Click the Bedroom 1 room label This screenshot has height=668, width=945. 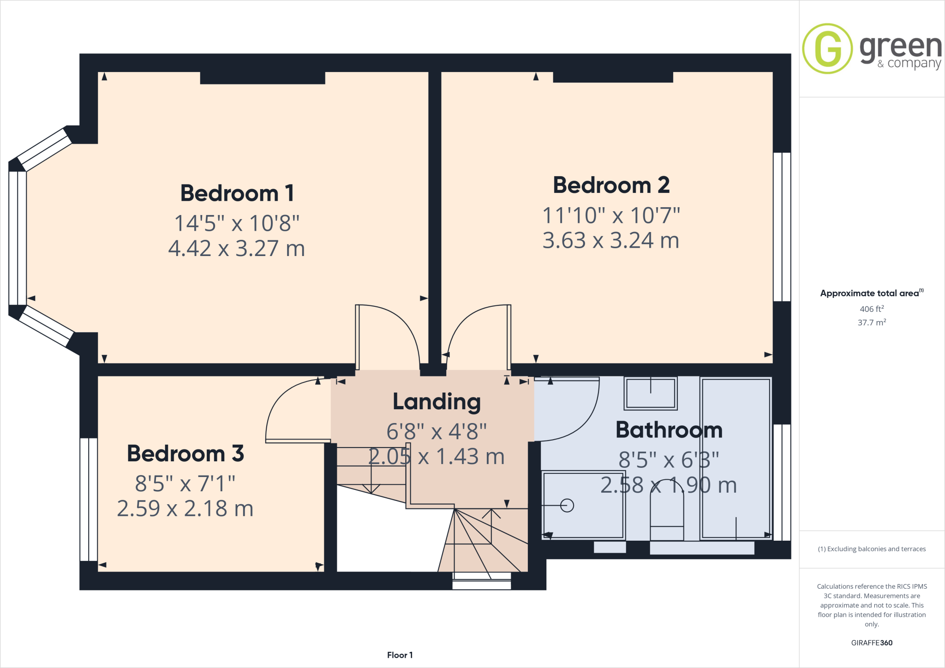pyautogui.click(x=237, y=193)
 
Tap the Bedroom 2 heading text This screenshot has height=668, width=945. pyautogui.click(x=611, y=185)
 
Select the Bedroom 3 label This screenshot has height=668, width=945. pyautogui.click(x=185, y=453)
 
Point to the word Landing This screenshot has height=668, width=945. pyautogui.click(x=437, y=402)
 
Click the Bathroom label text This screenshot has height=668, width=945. pyautogui.click(x=669, y=430)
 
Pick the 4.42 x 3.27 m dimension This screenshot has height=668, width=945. pyautogui.click(x=236, y=249)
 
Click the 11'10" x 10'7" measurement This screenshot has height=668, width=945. pyautogui.click(x=611, y=215)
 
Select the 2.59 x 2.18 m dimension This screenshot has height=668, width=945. pyautogui.click(x=185, y=509)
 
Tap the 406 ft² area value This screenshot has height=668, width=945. pyautogui.click(x=871, y=309)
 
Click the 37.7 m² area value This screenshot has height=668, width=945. pyautogui.click(x=871, y=322)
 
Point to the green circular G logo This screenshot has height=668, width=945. pyautogui.click(x=827, y=48)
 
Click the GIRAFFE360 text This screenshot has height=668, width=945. pyautogui.click(x=871, y=643)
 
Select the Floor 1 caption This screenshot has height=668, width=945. pyautogui.click(x=400, y=655)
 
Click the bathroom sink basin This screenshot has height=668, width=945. pyautogui.click(x=650, y=394)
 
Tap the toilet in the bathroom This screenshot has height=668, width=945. pyautogui.click(x=667, y=512)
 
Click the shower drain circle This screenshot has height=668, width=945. pyautogui.click(x=567, y=506)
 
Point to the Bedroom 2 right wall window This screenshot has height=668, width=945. pyautogui.click(x=782, y=227)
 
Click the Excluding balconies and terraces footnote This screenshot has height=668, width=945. pyautogui.click(x=871, y=549)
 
